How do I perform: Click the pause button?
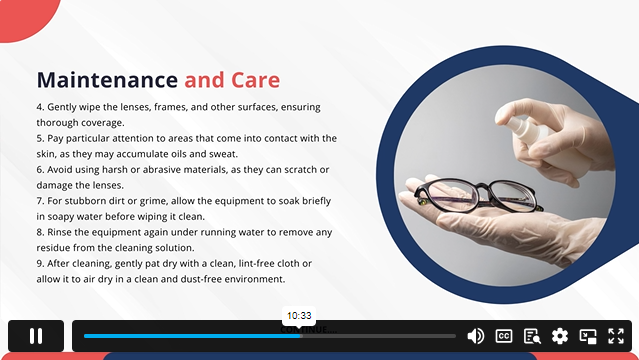click(x=36, y=336)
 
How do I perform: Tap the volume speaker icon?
click(x=476, y=336)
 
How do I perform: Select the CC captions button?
click(x=504, y=336)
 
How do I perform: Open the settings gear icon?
click(x=560, y=336)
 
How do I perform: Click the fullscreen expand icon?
click(x=616, y=336)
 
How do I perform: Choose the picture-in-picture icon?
click(x=588, y=336)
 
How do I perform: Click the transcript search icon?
click(x=532, y=336)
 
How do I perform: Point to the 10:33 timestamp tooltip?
click(x=299, y=315)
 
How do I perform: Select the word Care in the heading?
click(x=255, y=80)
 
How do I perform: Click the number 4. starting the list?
click(x=40, y=106)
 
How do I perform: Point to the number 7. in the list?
click(x=40, y=201)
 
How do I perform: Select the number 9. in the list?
click(x=40, y=264)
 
